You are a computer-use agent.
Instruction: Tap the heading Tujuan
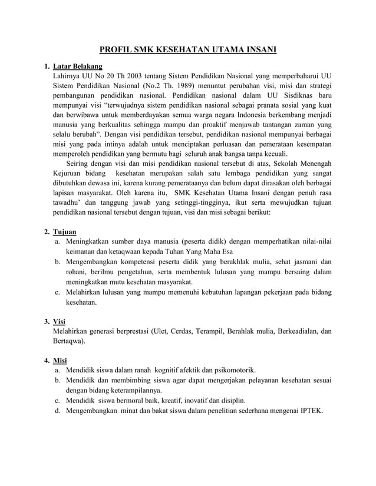click(x=64, y=231)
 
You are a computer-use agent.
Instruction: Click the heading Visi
click(x=59, y=321)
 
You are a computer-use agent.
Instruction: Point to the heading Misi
click(x=60, y=360)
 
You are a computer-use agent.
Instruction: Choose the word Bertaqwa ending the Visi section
click(x=68, y=341)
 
